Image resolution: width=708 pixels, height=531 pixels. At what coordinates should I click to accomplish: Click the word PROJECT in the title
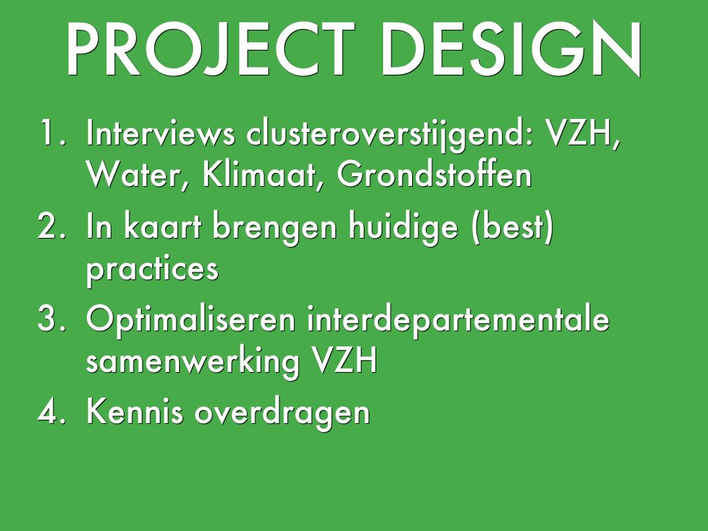pyautogui.click(x=209, y=49)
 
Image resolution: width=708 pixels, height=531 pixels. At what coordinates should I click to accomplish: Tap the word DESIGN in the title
pyautogui.click(x=511, y=49)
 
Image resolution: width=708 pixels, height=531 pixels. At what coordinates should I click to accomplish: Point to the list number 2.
pyautogui.click(x=52, y=226)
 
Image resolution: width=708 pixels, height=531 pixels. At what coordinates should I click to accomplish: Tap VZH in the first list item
pyautogui.click(x=582, y=133)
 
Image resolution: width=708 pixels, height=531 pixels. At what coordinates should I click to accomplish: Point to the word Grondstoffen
pyautogui.click(x=434, y=174)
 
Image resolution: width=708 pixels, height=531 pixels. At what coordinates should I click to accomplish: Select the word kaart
pyautogui.click(x=162, y=226)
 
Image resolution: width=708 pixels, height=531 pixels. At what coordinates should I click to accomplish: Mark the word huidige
pyautogui.click(x=403, y=227)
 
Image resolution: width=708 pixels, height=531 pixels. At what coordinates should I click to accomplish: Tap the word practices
pyautogui.click(x=152, y=270)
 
